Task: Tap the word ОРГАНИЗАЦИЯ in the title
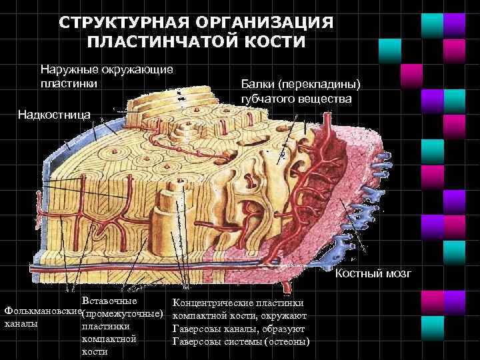pyautogui.click(x=267, y=24)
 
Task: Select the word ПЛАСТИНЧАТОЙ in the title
pyautogui.click(x=163, y=42)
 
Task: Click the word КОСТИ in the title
pyautogui.click(x=273, y=42)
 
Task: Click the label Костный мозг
pyautogui.click(x=374, y=273)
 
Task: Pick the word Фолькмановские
pyautogui.click(x=41, y=311)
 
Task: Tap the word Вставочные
pyautogui.click(x=109, y=301)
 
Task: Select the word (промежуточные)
pyautogui.click(x=122, y=313)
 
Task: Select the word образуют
pyautogui.click(x=285, y=329)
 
